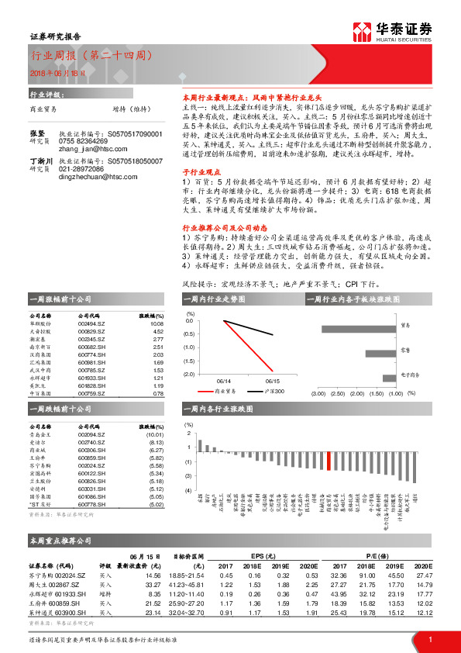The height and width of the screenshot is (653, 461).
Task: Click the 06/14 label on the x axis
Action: point(224,381)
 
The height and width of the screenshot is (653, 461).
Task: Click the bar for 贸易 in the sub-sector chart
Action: point(369,326)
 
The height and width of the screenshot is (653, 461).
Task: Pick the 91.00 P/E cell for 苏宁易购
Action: point(366,575)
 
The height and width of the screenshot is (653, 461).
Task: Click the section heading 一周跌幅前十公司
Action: point(60,408)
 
